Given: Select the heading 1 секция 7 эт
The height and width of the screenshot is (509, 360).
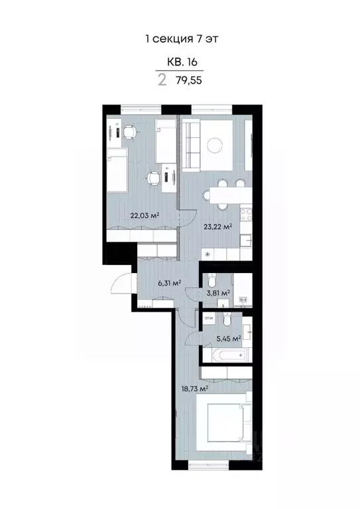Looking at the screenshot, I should pos(181,38).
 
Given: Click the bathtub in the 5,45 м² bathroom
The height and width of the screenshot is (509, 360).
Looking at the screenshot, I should pos(226,355).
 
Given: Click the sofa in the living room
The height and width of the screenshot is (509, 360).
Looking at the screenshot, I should pos(192,146).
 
